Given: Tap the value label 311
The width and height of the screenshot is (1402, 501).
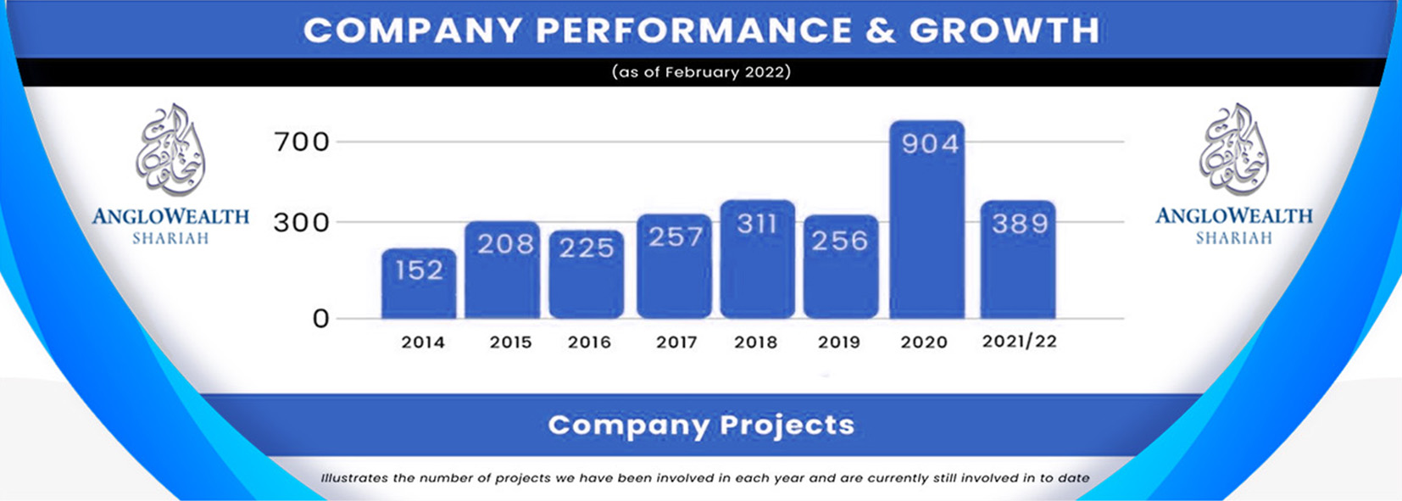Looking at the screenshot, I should [757, 224].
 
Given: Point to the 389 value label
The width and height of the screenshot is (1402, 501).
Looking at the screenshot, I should [1020, 224].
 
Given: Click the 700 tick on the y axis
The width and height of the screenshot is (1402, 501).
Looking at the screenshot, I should [301, 142].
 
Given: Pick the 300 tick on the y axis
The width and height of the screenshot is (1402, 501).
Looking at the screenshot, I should [301, 223].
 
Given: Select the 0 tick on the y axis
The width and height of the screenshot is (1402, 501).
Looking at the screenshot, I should [320, 319].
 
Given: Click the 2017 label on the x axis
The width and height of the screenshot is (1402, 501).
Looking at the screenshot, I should [676, 342].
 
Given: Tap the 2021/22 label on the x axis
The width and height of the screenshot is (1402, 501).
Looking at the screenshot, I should [1019, 342].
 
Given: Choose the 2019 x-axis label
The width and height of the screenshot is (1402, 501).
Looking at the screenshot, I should [838, 342].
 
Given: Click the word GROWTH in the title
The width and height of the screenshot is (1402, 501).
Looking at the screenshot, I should [1004, 31].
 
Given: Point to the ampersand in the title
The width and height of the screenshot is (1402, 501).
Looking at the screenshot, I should [881, 31].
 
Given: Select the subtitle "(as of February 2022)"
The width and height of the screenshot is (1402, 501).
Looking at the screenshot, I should [701, 72].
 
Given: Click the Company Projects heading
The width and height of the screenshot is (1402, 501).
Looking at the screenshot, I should [701, 425].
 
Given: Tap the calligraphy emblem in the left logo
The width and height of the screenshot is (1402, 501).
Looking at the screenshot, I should [171, 150].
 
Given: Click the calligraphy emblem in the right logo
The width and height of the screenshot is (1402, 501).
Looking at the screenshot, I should [1233, 150].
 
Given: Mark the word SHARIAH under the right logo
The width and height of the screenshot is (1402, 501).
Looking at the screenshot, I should [1233, 239].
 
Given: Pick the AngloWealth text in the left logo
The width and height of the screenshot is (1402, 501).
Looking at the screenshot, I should [170, 216].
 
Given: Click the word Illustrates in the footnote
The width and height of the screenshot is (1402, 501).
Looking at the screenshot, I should [353, 478].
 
